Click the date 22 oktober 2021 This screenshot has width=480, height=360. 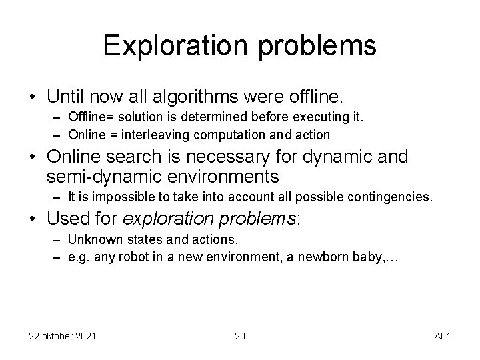click(x=62, y=335)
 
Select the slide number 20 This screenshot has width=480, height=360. click(x=240, y=335)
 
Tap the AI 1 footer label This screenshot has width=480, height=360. click(x=441, y=335)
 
